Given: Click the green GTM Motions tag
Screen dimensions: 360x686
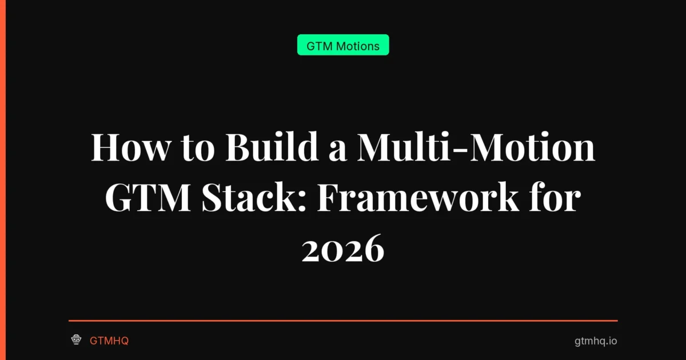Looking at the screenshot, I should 343,45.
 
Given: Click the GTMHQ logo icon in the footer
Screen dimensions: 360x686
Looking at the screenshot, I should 75,341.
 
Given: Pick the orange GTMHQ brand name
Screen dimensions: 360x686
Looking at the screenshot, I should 109,341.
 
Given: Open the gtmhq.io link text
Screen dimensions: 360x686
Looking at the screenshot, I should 596,341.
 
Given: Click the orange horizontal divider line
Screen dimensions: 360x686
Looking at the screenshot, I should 343,321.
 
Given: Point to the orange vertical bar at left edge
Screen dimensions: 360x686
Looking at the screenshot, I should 2,180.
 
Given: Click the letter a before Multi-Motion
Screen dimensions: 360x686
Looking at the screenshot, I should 337,151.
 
